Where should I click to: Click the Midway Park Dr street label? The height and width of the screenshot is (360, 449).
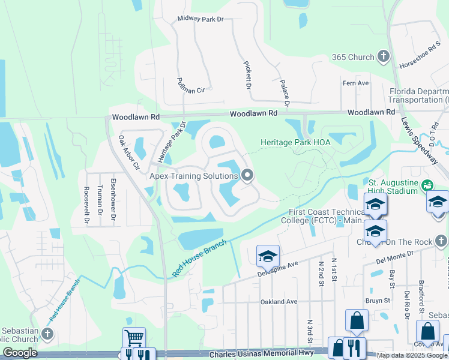200,19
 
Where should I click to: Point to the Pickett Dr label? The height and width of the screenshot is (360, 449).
247,75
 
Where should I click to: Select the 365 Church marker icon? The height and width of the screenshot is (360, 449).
383,57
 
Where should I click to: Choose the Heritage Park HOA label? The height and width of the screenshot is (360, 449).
295,143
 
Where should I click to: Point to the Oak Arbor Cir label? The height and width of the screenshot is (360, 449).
128,153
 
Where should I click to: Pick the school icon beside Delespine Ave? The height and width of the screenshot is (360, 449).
267,257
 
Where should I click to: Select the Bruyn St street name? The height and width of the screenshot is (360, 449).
378,300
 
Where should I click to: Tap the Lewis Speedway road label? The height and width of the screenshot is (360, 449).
419,138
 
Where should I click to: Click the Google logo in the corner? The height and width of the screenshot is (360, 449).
20,353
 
